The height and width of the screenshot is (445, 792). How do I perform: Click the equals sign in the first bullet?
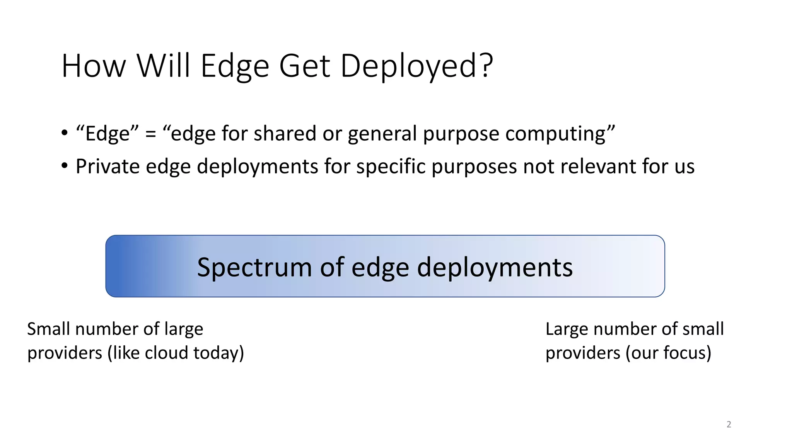pyautogui.click(x=150, y=134)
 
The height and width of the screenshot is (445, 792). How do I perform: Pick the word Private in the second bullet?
pyautogui.click(x=108, y=166)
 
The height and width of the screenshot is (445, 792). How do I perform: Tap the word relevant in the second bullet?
pyautogui.click(x=598, y=166)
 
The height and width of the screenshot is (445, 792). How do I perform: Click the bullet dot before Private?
pyautogui.click(x=65, y=166)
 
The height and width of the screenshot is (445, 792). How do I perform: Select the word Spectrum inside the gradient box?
pyautogui.click(x=254, y=267)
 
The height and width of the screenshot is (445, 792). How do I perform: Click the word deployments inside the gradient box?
pyautogui.click(x=495, y=267)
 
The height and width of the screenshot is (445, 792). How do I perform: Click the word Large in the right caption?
pyautogui.click(x=567, y=329)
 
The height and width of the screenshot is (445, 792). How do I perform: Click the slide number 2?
pyautogui.click(x=729, y=425)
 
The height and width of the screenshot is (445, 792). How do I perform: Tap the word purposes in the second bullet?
pyautogui.click(x=474, y=167)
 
